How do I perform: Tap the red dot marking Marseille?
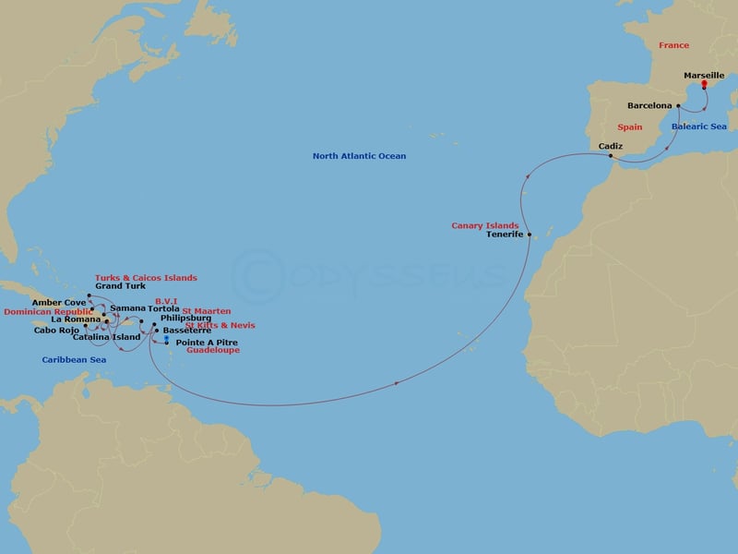click(x=704, y=84)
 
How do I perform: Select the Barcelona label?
click(x=649, y=106)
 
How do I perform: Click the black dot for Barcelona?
click(x=678, y=106)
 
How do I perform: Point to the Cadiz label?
click(x=611, y=146)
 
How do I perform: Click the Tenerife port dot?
click(x=530, y=235)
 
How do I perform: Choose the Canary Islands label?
click(x=484, y=225)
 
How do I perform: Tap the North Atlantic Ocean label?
click(x=359, y=156)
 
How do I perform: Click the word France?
click(x=673, y=45)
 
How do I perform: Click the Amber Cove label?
click(x=59, y=302)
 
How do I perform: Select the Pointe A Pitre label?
click(x=201, y=343)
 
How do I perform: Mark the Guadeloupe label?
click(x=214, y=351)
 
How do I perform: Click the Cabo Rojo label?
click(x=55, y=329)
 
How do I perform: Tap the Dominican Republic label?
click(x=49, y=311)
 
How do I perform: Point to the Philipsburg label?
click(x=185, y=319)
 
